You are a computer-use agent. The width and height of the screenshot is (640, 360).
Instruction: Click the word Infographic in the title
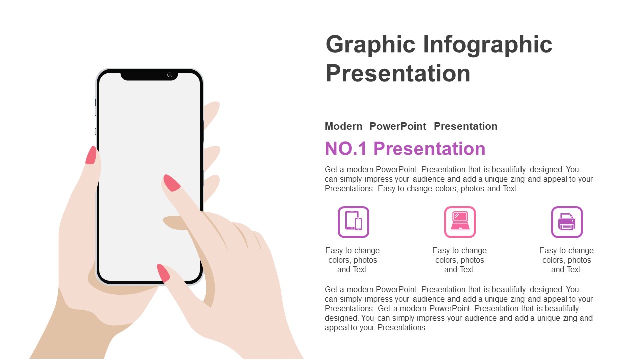[x=487, y=45]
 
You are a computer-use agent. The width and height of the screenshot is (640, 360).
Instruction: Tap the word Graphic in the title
[x=370, y=45]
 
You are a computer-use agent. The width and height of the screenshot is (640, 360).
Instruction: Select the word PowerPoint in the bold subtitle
[x=397, y=126]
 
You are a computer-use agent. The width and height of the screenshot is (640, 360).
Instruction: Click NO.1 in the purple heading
[x=345, y=149]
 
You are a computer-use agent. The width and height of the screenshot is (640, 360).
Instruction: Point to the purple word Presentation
[x=429, y=149]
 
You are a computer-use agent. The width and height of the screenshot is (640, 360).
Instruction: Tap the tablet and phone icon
[x=353, y=222]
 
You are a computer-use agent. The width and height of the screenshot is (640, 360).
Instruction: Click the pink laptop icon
[x=460, y=222]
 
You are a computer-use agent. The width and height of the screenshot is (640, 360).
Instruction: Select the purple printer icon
[x=567, y=222]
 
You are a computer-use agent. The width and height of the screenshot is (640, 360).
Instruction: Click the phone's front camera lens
[x=170, y=75]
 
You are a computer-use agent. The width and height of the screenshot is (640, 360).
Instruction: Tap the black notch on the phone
[x=149, y=75]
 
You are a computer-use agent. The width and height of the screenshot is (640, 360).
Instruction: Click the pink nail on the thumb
[x=91, y=155]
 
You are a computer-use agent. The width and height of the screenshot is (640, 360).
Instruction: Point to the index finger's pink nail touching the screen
[x=171, y=183]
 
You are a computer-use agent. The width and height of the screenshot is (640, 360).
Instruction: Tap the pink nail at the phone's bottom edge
[x=163, y=273]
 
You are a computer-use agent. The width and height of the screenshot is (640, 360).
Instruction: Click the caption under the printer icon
[x=566, y=260]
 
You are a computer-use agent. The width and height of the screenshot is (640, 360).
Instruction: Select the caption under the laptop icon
[x=459, y=260]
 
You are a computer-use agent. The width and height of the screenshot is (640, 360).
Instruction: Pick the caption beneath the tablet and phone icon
[x=352, y=260]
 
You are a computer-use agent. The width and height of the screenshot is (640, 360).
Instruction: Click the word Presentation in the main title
[x=398, y=73]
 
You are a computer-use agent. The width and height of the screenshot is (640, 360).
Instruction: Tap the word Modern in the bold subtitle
[x=343, y=126]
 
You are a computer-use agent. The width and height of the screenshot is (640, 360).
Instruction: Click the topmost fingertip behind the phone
[x=212, y=113]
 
